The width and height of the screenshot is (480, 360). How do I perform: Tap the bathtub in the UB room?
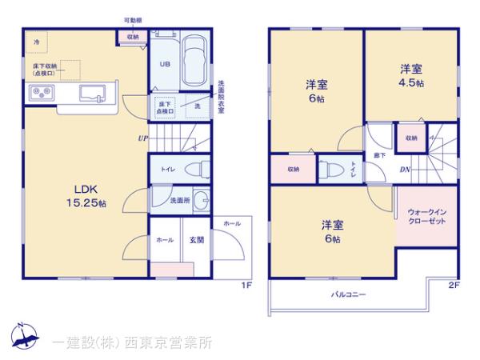(194, 62)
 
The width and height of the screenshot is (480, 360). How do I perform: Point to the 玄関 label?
(197, 240)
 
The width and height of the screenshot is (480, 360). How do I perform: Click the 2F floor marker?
(454, 284)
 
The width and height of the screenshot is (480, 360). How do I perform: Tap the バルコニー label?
(349, 295)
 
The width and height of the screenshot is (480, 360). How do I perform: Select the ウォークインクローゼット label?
(426, 216)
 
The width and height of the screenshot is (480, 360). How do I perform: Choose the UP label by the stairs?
(142, 138)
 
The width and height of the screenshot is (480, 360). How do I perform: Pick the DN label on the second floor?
(406, 169)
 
